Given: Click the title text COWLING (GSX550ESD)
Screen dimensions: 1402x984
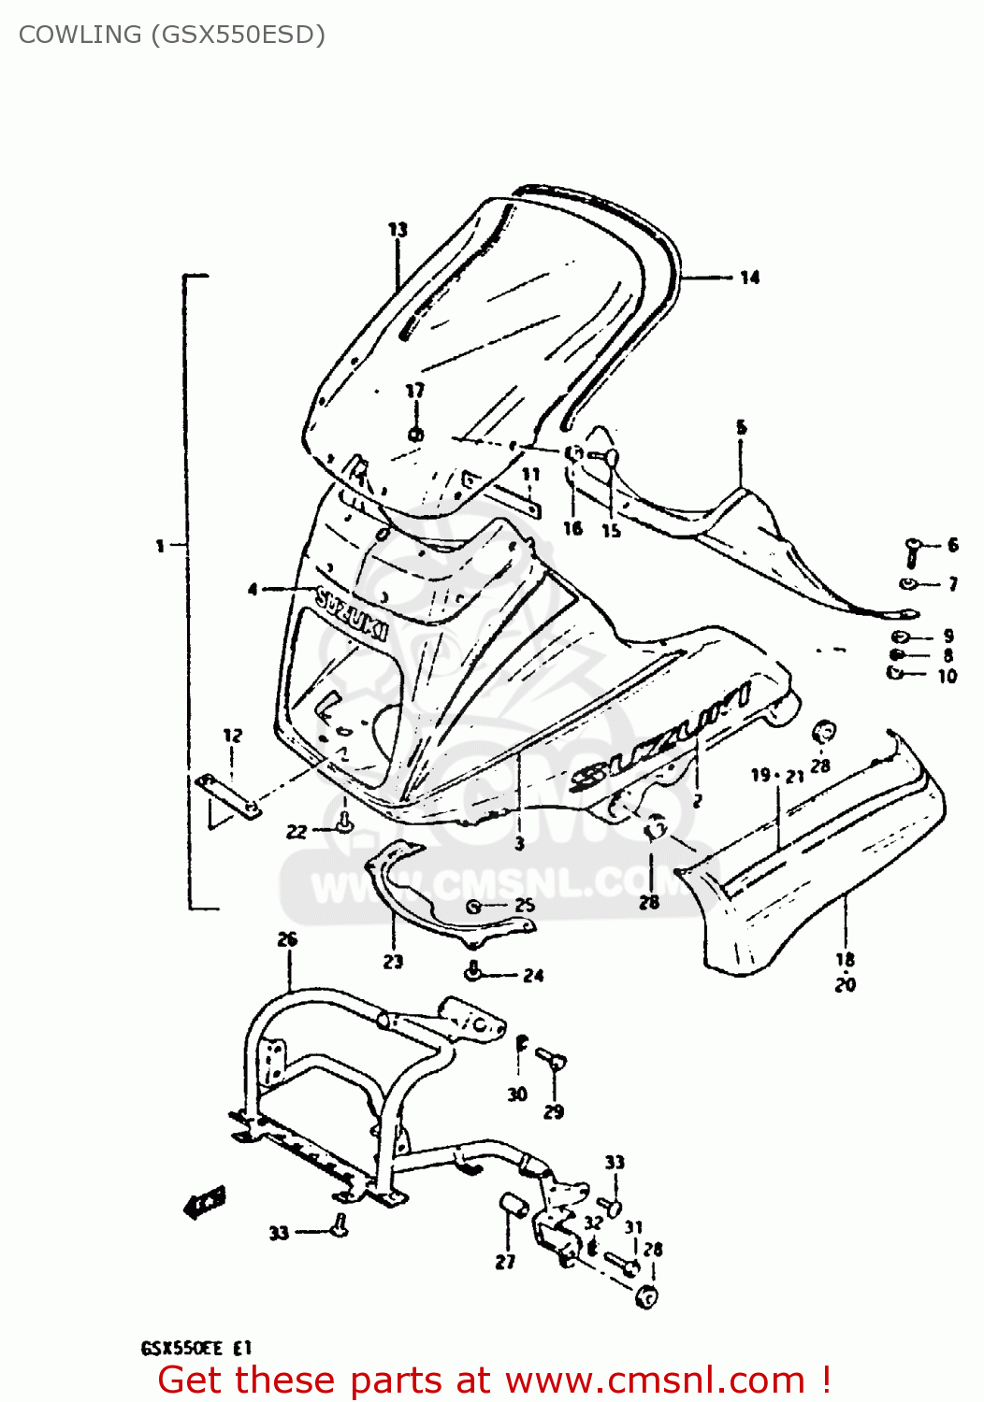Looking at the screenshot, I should click(172, 35).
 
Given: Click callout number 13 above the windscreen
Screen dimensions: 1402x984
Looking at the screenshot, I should click(398, 229).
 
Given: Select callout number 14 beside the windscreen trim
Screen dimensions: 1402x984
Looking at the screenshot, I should click(749, 278).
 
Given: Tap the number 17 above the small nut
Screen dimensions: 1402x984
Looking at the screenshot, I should click(414, 391).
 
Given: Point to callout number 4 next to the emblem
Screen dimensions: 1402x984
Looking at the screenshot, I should click(253, 589).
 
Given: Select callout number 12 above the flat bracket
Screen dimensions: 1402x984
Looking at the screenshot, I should click(232, 736).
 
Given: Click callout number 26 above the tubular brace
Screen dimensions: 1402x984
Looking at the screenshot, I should click(287, 939).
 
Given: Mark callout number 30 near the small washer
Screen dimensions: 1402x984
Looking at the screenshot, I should click(517, 1094).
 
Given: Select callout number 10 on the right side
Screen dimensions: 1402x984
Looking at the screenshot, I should click(947, 676).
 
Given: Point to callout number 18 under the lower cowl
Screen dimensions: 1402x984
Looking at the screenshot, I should click(845, 959).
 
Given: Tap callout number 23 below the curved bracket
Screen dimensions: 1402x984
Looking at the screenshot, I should click(393, 961).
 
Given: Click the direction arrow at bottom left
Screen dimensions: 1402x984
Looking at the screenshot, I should click(205, 1203).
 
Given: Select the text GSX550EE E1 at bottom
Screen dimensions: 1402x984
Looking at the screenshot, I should click(195, 1349).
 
